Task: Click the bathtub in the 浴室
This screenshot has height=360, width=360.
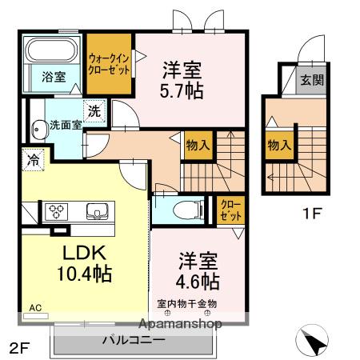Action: click(53, 50)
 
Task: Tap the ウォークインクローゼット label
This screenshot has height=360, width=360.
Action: click(109, 64)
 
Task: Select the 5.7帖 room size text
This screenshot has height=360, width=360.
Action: click(182, 91)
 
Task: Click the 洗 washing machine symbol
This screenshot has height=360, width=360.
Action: click(94, 110)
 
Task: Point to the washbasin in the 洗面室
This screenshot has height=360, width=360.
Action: click(40, 130)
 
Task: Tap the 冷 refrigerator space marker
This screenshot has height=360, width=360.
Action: click(33, 160)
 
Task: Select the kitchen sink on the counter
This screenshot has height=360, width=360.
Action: click(97, 211)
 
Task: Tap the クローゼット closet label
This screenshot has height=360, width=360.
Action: click(230, 210)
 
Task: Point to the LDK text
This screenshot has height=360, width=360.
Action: click(84, 253)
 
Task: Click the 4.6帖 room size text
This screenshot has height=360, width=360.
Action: click(198, 281)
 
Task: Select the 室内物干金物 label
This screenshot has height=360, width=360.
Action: click(186, 303)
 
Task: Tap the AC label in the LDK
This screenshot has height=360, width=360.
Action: click(35, 308)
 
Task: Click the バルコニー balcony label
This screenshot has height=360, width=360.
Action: click(134, 340)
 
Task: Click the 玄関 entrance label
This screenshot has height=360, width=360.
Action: click(312, 79)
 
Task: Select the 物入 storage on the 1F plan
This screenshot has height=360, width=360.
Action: click(279, 146)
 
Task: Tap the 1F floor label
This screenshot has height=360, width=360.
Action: click(312, 213)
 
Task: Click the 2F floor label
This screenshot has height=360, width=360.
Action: click(18, 348)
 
